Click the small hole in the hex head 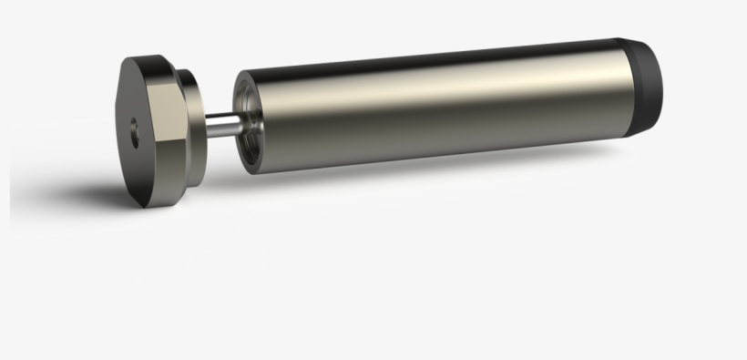point(135,129)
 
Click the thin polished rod point(224,125)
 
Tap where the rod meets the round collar point(210,126)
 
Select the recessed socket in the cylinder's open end point(248,118)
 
